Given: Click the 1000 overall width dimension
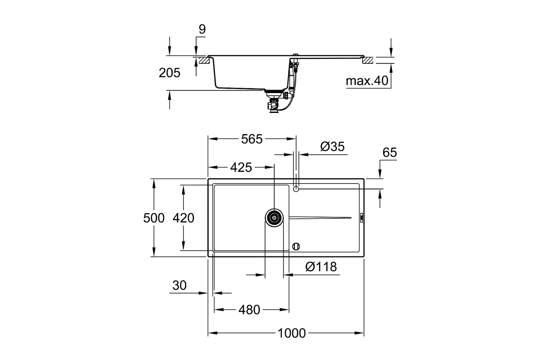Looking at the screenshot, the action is click(292, 333).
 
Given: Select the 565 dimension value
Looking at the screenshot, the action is click(252, 139).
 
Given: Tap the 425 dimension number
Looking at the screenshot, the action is click(241, 167).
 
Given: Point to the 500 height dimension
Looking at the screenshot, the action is click(154, 218).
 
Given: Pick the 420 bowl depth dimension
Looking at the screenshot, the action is click(183, 218).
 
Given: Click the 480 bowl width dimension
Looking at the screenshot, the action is click(249, 310).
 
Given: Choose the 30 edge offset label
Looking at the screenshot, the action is click(180, 285).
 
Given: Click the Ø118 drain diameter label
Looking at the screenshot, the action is click(321, 267).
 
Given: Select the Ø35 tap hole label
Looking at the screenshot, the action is click(333, 147).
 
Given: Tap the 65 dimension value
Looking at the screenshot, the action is click(390, 153).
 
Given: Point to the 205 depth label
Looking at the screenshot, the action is click(169, 73).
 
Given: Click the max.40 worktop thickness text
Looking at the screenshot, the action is click(367, 81).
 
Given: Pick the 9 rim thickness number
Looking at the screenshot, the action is click(202, 29).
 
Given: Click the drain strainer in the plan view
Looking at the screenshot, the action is click(274, 218).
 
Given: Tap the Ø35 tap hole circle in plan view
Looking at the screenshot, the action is click(296, 189).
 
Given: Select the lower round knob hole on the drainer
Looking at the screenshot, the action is click(296, 247).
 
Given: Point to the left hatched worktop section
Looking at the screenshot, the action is click(204, 60).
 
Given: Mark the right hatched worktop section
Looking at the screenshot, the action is click(368, 60).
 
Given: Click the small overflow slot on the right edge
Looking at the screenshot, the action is click(362, 217).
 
